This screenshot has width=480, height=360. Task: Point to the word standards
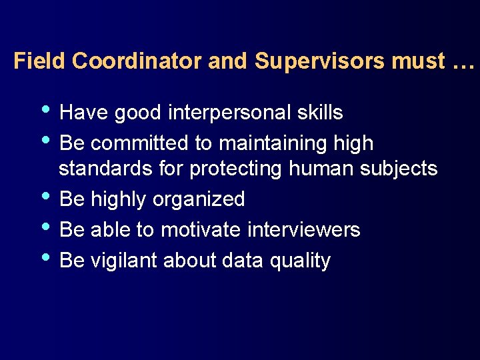[107, 169]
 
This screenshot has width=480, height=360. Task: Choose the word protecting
[237, 169]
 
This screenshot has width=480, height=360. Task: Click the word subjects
[399, 169]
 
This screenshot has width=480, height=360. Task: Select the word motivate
[201, 230]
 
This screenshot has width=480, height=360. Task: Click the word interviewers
[303, 230]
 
